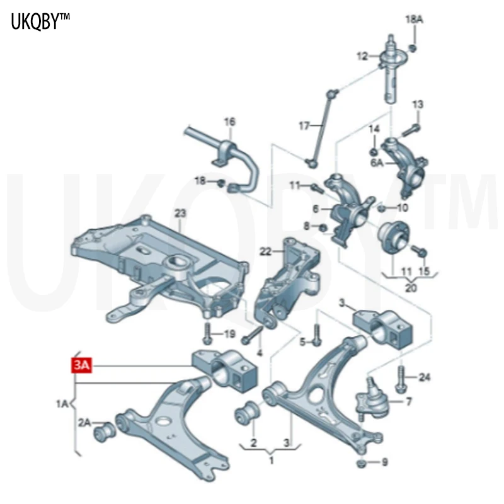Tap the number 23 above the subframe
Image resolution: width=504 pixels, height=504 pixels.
coord(181,213)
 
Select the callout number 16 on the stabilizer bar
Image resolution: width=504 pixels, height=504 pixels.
coord(229,121)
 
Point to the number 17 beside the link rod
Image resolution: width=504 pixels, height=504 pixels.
coord(304,126)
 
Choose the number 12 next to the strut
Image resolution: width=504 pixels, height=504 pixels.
coord(362,57)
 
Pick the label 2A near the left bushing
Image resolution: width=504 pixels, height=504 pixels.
coord(84,422)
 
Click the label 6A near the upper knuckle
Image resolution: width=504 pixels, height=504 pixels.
coord(377,163)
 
